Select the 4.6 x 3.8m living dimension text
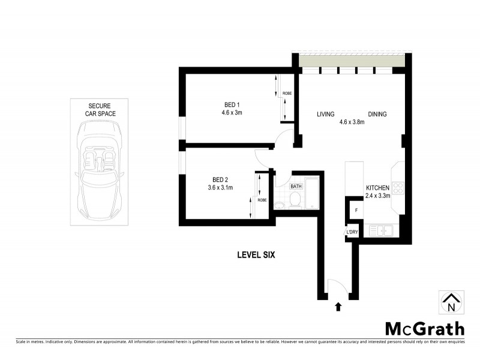[352, 122]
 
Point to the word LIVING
[326, 115]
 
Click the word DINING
[377, 115]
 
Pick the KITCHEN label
[378, 188]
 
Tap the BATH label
[296, 186]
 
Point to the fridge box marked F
[356, 211]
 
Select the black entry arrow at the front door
[338, 307]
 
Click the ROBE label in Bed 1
[287, 94]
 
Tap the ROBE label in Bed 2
[262, 200]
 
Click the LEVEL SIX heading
[255, 255]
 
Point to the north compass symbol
[451, 302]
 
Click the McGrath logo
[424, 328]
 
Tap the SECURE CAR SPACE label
[100, 109]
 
